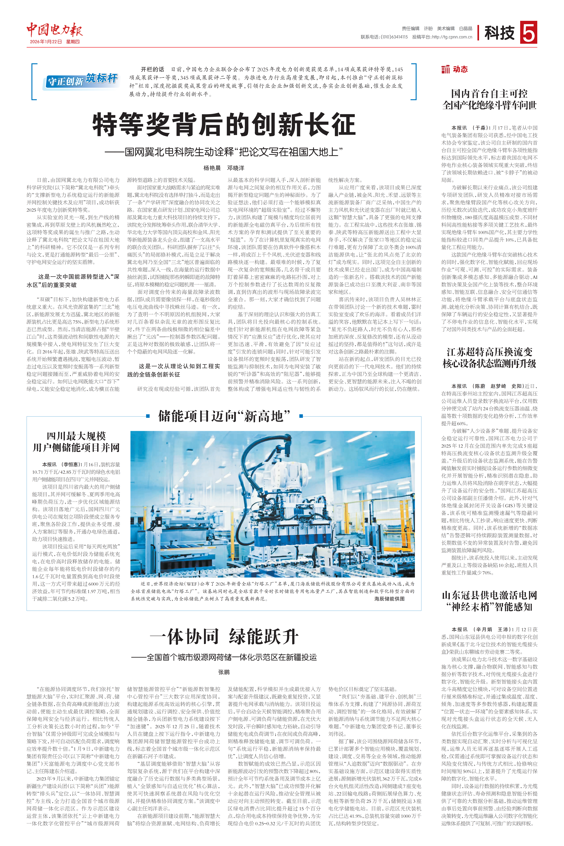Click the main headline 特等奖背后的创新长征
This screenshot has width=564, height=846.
(224, 124)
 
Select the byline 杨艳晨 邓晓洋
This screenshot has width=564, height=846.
(224, 168)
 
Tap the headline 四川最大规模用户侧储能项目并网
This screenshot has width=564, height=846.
(76, 442)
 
